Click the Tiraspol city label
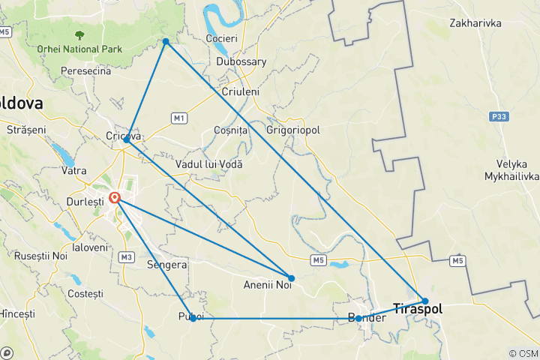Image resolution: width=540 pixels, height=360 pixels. tap(418, 308)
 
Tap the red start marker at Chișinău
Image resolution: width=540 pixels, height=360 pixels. tap(115, 198)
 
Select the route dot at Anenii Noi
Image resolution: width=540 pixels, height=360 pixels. tap(292, 278)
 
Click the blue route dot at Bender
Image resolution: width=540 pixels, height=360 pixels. tap(358, 319)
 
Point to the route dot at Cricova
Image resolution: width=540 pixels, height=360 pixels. tap(126, 139)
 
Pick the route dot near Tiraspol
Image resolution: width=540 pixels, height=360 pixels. tap(425, 301)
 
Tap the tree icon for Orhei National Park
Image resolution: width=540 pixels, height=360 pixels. tap(78, 34)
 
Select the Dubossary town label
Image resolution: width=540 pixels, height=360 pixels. tap(241, 62)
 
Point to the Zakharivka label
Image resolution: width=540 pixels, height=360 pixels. tap(475, 23)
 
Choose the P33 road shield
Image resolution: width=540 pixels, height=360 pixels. tap(499, 116)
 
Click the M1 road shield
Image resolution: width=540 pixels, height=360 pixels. tap(178, 118)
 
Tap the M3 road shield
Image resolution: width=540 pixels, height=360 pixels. tap(125, 257)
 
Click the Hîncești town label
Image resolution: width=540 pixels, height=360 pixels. tap(16, 313)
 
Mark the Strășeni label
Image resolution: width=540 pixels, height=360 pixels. tap(26, 130)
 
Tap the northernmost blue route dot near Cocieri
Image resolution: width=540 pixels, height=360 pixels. tap(166, 40)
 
